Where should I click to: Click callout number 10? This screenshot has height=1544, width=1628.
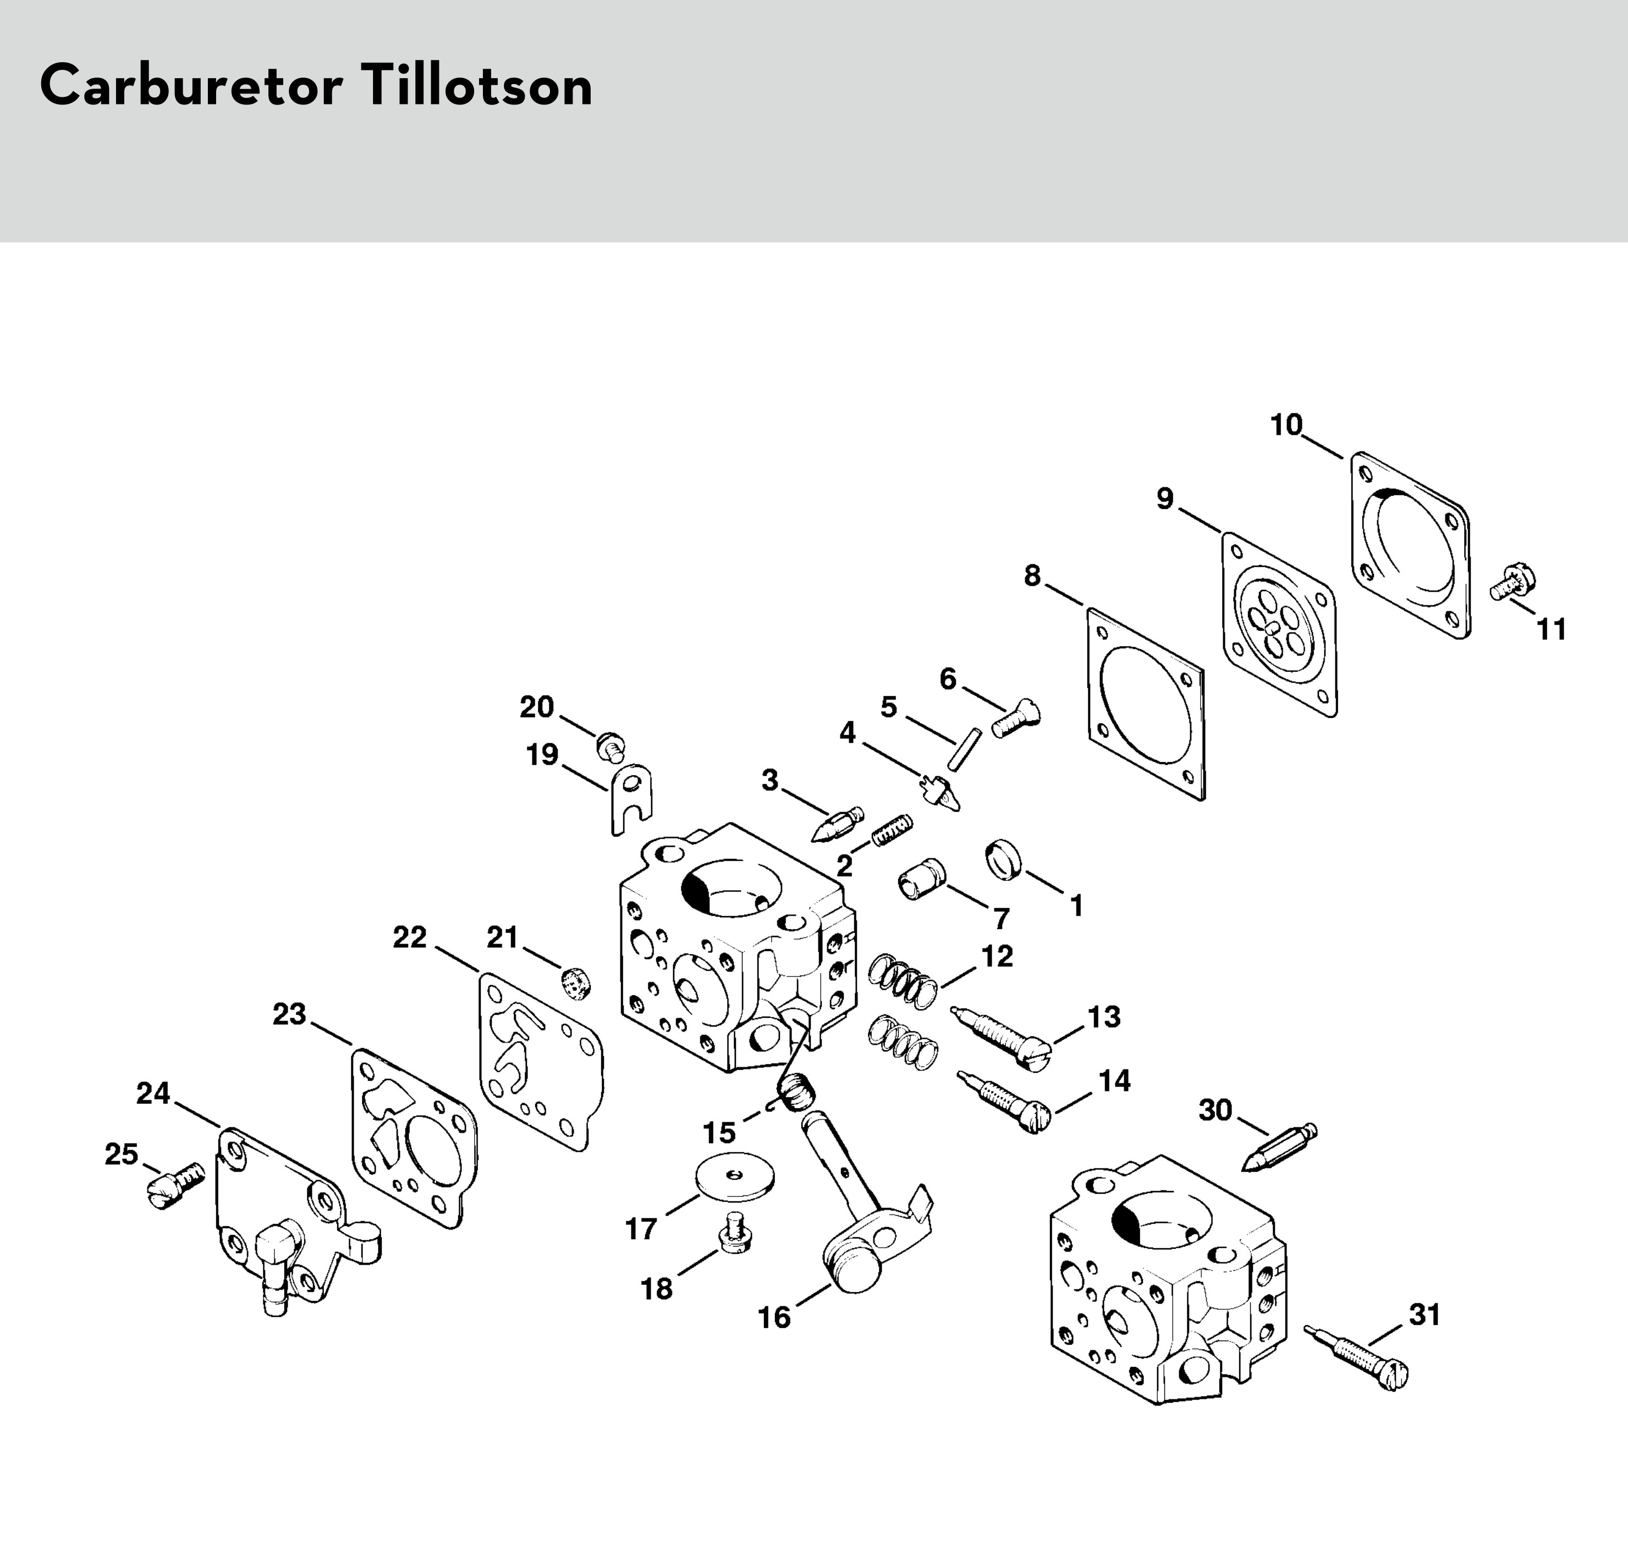(1286, 426)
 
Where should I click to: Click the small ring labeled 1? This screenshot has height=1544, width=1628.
(1003, 860)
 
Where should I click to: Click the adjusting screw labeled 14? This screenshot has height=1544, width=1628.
(1004, 1100)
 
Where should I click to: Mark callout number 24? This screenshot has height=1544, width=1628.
(153, 1093)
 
